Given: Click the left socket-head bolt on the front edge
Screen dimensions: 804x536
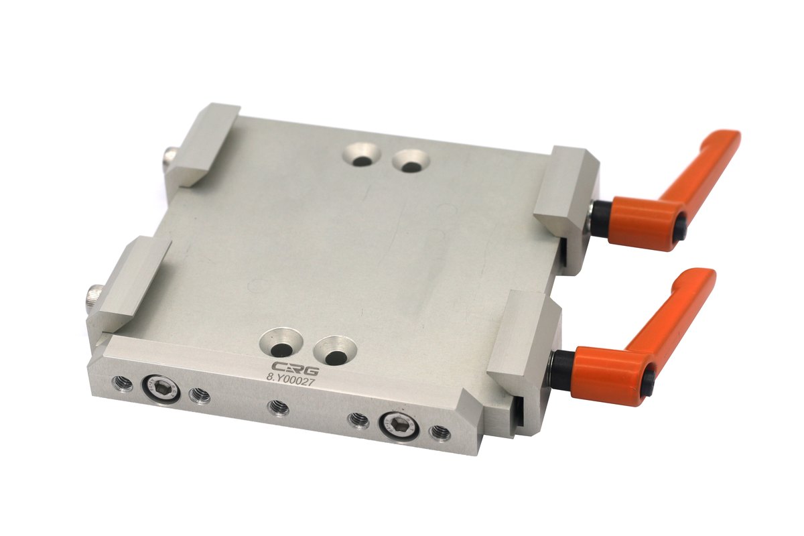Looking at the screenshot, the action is click(155, 387).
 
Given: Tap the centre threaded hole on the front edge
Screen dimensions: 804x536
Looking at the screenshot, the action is click(277, 407).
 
